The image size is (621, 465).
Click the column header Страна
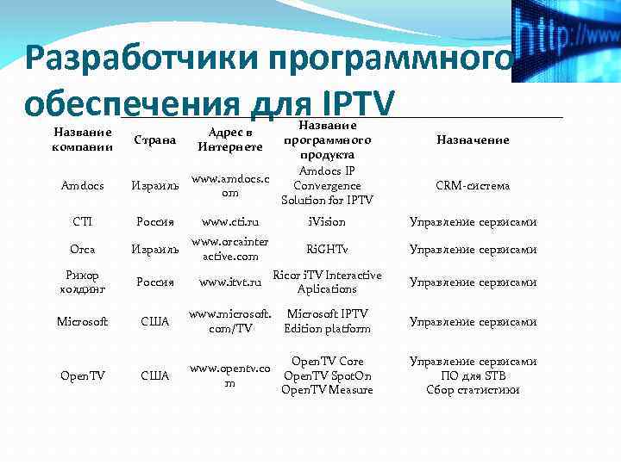155,139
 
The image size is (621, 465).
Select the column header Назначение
473,139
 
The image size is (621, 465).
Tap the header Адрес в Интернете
229,140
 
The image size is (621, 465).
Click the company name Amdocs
82,185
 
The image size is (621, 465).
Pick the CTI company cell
82,221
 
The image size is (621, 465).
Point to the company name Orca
82,249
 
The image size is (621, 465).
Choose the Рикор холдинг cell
82,282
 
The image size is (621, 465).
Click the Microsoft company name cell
82,321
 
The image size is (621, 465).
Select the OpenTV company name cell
82,375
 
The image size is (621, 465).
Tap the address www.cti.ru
229,221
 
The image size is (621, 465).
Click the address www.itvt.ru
229,282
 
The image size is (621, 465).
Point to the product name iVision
327,221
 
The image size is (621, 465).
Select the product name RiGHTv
327,249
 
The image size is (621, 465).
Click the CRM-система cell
473,185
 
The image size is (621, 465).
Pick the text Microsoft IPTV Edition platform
327,321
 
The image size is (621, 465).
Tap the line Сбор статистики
473,389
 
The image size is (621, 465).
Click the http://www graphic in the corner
567,40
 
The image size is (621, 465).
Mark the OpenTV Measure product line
327,390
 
